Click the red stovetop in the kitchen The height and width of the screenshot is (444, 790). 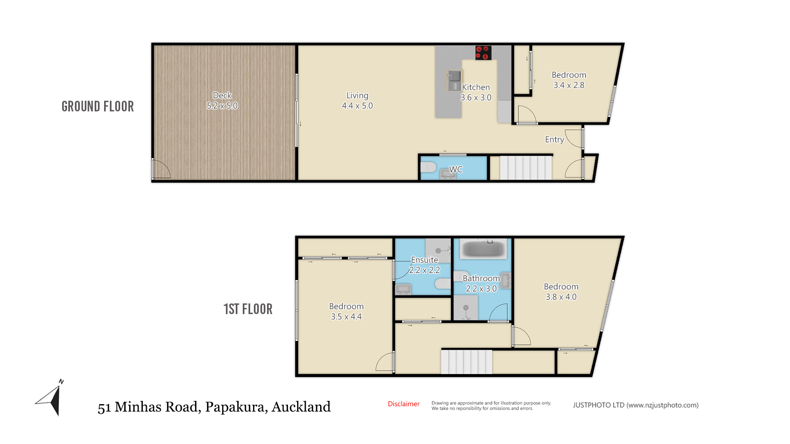[x=483, y=53]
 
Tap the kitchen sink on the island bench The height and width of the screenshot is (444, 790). [x=455, y=81]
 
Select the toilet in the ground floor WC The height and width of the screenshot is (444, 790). [x=428, y=167]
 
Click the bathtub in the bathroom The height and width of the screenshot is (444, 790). [x=483, y=249]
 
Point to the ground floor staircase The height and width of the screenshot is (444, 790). [x=526, y=167]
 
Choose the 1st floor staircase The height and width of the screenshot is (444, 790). [x=467, y=362]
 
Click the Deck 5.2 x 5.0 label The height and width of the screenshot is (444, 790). [x=222, y=101]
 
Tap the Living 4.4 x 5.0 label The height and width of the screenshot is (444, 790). [x=357, y=101]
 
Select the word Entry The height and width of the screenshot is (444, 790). [x=554, y=140]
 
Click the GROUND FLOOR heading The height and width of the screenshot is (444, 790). [x=98, y=106]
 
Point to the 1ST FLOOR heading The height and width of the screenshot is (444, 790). [x=248, y=309]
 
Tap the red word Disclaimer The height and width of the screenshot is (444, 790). [x=404, y=404]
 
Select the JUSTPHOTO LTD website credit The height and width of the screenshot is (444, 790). [x=636, y=405]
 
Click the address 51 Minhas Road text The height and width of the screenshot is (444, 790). [x=149, y=407]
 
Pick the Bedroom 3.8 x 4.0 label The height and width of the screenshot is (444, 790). [x=561, y=292]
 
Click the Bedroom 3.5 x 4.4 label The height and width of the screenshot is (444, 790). [x=346, y=312]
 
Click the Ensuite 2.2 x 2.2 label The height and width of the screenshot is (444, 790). [x=425, y=265]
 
